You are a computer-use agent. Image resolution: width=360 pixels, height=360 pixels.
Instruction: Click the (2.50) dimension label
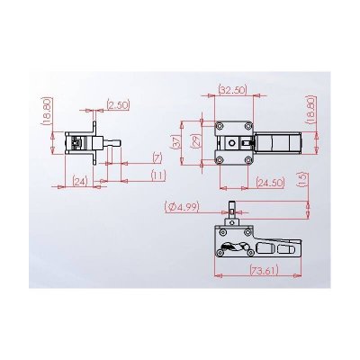pos(118,106)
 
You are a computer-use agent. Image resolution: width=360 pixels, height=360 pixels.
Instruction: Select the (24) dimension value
pos(79,181)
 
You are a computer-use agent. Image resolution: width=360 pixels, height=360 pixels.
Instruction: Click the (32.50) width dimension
pos(232,90)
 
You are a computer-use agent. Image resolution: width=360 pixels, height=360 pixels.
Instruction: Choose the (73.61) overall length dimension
pos(262,269)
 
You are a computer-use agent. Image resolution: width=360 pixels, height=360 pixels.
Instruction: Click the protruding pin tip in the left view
pos(115,141)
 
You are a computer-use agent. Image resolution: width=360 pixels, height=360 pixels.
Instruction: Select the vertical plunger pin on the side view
pos(232,209)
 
